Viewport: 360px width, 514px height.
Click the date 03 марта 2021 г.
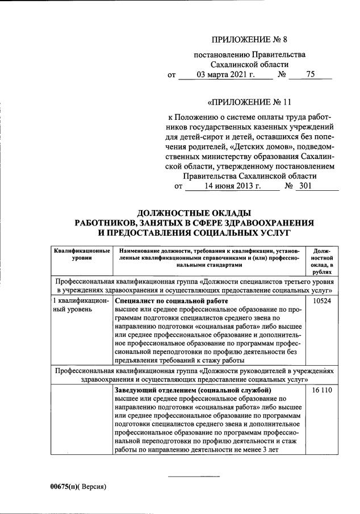pos(225,74)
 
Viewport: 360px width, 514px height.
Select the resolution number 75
pos(310,74)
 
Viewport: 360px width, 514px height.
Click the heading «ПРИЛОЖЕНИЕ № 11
pos(249,103)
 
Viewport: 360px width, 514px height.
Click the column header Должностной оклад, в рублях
pos(322,262)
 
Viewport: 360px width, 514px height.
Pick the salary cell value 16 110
pos(321,391)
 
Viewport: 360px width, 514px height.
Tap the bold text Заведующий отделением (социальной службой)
pos(193,391)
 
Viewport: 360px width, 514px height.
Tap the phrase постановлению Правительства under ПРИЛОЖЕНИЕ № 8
pos(249,55)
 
